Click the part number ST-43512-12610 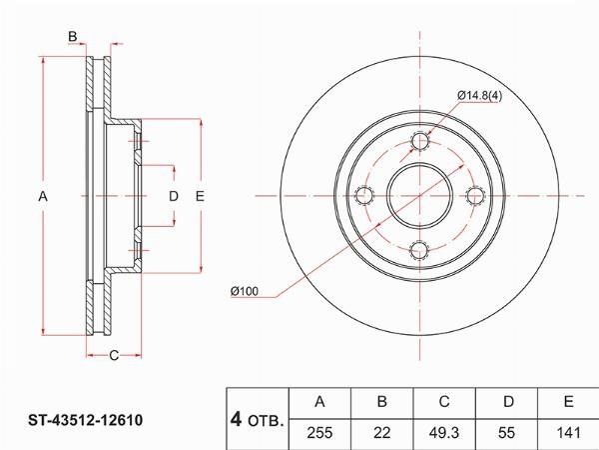point(85,420)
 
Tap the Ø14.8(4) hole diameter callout point(480,95)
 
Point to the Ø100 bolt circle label point(245,291)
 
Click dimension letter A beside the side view point(43,196)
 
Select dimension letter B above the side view point(73,37)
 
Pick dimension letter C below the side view point(114,355)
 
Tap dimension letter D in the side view point(174,196)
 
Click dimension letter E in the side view point(200,196)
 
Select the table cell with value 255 point(319,433)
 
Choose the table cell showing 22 point(382,433)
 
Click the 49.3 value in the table point(444,433)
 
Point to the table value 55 point(506,433)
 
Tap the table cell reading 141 point(568,433)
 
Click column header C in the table point(444,403)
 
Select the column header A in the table point(319,403)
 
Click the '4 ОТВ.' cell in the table point(258,420)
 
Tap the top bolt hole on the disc point(420,141)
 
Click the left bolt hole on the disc point(364,196)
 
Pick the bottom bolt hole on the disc point(419,250)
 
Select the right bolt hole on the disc point(475,196)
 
